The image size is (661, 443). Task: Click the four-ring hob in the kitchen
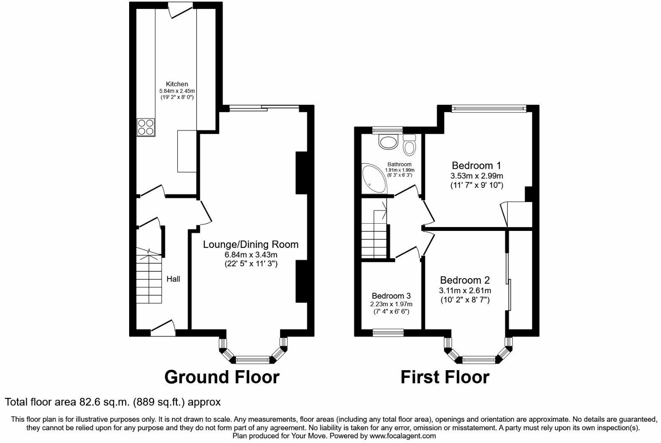(x=146, y=127)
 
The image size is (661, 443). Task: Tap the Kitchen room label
(x=177, y=84)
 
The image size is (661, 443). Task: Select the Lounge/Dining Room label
(x=251, y=244)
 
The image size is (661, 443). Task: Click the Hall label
(x=173, y=279)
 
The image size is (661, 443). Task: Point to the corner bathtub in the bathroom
(x=374, y=179)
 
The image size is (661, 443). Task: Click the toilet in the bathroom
(x=409, y=145)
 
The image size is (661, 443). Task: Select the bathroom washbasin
(x=389, y=142)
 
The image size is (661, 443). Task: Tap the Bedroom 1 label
(x=476, y=165)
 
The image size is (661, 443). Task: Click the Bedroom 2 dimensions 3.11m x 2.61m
(x=465, y=291)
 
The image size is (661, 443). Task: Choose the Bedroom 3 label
(x=391, y=296)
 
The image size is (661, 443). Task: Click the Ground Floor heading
(x=222, y=377)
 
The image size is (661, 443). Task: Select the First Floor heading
(x=445, y=377)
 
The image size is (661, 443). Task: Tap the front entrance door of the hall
(x=163, y=328)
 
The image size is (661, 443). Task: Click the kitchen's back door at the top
(x=181, y=10)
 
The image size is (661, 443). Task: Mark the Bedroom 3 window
(x=388, y=332)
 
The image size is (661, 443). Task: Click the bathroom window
(x=387, y=130)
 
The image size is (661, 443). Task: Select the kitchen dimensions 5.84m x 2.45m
(x=177, y=91)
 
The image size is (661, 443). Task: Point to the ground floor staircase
(x=149, y=275)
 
